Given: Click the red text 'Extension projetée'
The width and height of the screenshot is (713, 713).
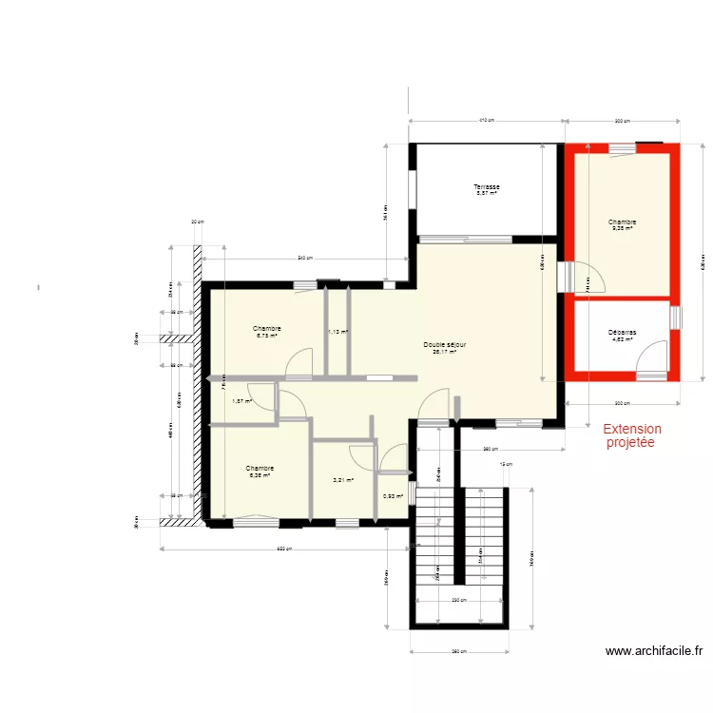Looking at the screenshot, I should (632, 436).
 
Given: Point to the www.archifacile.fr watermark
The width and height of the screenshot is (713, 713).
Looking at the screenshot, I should (654, 651).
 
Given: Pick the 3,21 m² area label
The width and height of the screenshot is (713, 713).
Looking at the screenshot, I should (343, 480).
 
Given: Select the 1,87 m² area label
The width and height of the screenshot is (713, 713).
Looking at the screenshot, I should (242, 400).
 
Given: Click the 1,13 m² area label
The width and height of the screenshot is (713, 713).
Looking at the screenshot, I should (337, 332).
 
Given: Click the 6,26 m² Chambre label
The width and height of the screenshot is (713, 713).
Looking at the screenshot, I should (260, 472).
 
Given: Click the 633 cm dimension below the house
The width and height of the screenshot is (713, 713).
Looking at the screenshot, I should (284, 549).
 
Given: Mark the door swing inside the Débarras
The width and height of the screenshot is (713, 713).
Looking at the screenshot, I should (651, 356).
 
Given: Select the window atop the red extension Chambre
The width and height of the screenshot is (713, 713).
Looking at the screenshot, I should (623, 147).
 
